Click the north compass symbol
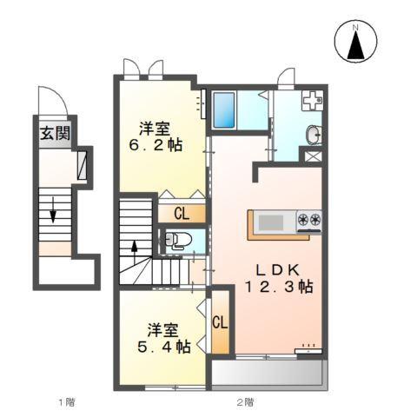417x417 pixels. [x=354, y=41]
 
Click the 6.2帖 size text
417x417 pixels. [x=157, y=146]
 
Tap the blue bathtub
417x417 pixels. [x=227, y=109]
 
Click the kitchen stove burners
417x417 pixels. [x=309, y=221]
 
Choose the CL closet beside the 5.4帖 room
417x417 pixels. [x=221, y=322]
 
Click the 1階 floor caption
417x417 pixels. [x=66, y=401]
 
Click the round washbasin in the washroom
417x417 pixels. [x=313, y=135]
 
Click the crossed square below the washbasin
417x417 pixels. [x=312, y=157]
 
